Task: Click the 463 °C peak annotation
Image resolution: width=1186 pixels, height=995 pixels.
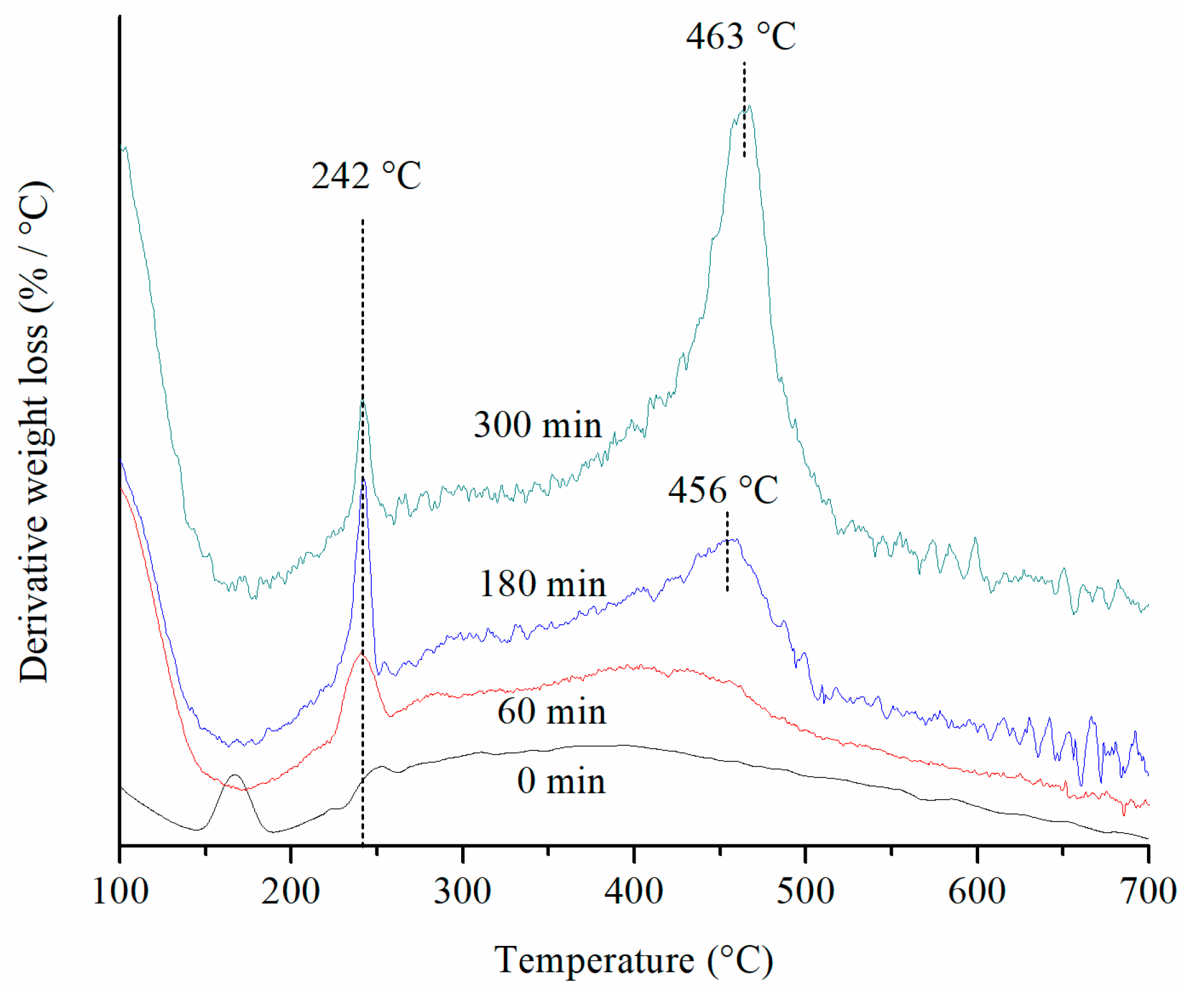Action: (741, 36)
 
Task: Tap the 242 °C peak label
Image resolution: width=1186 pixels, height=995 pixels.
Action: (366, 176)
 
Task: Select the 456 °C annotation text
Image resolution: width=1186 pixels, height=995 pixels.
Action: (723, 490)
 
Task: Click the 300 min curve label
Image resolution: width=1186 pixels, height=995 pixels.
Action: (537, 425)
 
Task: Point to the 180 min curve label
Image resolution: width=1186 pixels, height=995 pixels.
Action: (542, 584)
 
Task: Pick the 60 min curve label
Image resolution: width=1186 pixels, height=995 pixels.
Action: (551, 712)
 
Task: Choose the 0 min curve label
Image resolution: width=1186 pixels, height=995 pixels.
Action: (561, 781)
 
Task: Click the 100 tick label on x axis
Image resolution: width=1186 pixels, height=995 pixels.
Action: (120, 892)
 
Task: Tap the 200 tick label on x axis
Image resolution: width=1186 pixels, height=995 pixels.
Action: (291, 892)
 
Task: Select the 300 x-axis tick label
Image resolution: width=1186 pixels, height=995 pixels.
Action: (462, 892)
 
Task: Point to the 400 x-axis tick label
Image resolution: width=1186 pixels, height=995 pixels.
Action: (634, 892)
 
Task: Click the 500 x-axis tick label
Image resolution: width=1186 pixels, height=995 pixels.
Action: (805, 892)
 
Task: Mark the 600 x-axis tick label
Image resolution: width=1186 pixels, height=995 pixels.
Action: (977, 892)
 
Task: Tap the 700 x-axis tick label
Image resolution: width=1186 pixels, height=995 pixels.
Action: (1148, 892)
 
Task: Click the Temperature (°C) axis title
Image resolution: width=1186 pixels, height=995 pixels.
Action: (634, 961)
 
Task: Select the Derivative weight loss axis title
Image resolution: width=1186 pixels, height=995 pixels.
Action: (34, 432)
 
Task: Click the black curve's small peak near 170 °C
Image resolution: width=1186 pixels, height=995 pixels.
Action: (235, 775)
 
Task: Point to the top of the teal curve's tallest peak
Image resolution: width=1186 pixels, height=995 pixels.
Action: (749, 107)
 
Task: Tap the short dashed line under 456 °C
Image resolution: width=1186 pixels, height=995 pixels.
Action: (727, 552)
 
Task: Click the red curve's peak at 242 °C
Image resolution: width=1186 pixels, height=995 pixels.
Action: (361, 654)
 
